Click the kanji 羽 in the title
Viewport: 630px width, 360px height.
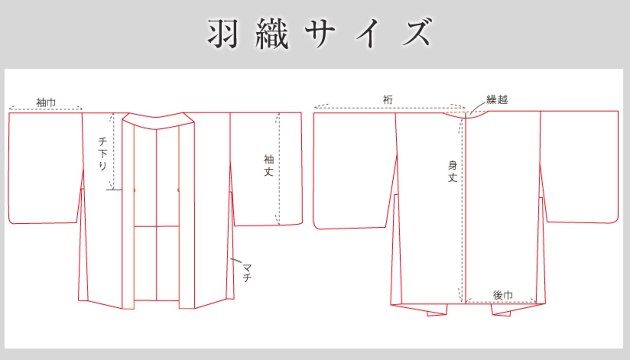[223, 34]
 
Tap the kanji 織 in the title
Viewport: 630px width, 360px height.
[272, 34]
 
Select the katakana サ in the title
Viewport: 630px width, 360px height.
[320, 34]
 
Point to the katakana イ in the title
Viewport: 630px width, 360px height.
[368, 34]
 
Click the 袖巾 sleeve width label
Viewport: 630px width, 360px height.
[46, 102]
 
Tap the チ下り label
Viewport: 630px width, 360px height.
[103, 154]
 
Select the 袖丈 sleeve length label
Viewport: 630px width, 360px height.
[269, 166]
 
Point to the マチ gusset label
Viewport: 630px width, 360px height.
[247, 272]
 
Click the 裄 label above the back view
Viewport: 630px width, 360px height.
[388, 100]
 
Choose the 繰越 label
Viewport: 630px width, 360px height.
[497, 99]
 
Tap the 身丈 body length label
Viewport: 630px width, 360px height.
[452, 171]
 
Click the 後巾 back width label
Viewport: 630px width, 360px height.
[503, 295]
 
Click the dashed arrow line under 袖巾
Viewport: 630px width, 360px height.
[46, 109]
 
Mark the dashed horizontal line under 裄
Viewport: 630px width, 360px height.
[390, 108]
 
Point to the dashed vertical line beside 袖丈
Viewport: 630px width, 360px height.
[279, 169]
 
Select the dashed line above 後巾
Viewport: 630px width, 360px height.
[501, 302]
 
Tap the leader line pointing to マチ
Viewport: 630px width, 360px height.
[236, 261]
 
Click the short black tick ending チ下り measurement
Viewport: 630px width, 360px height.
[114, 190]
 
